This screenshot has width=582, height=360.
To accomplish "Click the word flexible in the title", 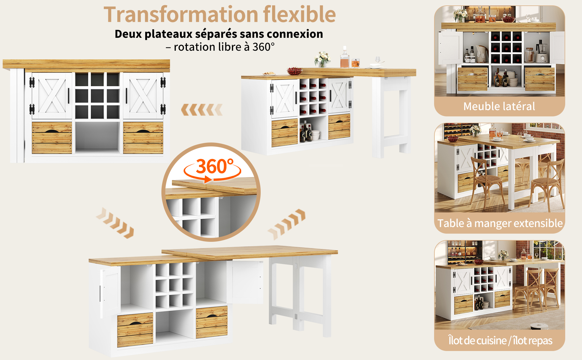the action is coord(300,14).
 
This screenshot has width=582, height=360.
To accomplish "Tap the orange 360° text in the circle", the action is coord(215,166).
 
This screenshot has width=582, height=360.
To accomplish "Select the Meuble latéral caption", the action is coord(499,106).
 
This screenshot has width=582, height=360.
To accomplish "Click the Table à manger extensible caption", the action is coord(500,223).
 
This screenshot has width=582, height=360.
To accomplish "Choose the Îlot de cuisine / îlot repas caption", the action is coord(500,340).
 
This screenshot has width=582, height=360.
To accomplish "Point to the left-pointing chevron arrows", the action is coord(202,110).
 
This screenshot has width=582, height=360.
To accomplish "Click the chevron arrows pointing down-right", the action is coord(115,223).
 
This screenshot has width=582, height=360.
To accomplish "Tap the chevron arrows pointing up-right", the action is coord(286,224).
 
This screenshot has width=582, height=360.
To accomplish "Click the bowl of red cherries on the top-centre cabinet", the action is coord(295,71).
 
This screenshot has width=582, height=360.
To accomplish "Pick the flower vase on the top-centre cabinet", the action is coord(322,59).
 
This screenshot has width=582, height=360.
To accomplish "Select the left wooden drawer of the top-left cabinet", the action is coord(52,138).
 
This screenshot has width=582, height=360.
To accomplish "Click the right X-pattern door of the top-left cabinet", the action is coord(143,96).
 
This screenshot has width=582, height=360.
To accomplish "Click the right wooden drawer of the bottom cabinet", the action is coord(212,322).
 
